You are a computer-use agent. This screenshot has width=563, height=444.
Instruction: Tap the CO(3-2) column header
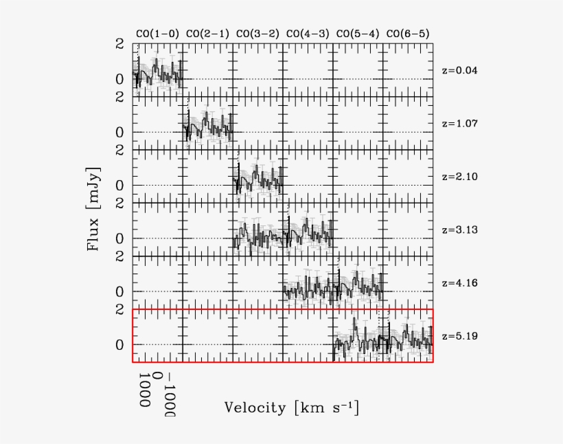pos(257,34)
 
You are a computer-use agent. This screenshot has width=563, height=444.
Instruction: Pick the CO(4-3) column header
pos(307,34)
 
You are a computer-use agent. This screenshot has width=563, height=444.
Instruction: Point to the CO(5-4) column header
pos(357,34)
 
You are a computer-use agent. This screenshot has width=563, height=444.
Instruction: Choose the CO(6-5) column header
pos(408,34)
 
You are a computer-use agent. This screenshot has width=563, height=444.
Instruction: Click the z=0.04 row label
pos(459,70)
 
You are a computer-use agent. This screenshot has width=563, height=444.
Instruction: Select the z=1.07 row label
pos(459,124)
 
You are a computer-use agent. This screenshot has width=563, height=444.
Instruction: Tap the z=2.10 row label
pos(459,177)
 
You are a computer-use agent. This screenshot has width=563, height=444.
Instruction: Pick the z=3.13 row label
pos(459,230)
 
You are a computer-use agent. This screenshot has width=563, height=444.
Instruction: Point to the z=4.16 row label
pos(459,283)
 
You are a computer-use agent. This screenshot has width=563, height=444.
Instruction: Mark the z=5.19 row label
pos(459,336)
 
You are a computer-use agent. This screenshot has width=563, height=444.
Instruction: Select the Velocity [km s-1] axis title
pos(291,407)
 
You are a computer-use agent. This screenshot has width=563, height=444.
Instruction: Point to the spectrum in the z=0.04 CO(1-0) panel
pos(157,72)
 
